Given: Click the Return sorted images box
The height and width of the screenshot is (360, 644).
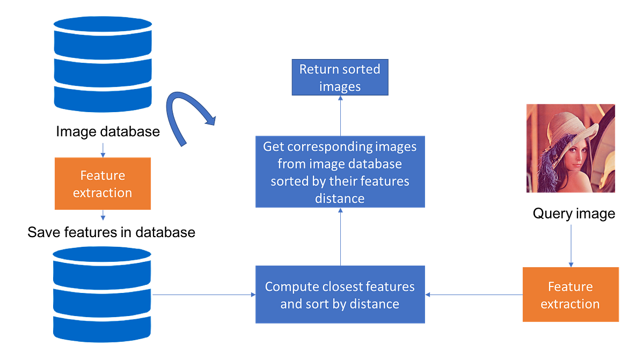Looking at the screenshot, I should tap(340, 77).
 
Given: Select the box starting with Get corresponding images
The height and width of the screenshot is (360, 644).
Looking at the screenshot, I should tap(340, 172).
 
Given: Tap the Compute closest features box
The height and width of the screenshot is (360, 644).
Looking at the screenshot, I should tap(340, 295).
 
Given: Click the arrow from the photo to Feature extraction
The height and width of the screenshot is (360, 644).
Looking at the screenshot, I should tap(571, 244).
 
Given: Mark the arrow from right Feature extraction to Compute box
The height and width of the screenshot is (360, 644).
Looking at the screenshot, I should tap(474, 294).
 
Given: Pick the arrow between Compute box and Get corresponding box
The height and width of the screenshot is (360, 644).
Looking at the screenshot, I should tap(340, 237).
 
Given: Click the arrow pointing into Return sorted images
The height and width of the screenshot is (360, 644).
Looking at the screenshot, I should tap(340, 115).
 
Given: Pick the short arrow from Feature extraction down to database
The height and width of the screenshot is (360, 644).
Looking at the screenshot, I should tap(103, 216).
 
